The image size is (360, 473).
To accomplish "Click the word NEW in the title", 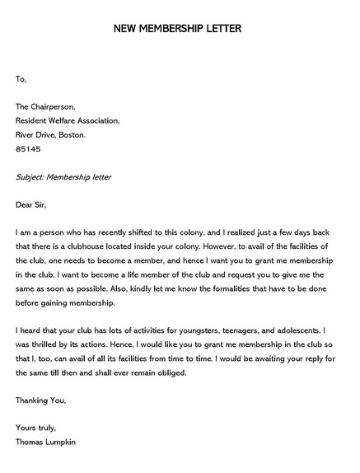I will coord(127,30).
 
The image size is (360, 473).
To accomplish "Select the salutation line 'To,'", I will coord(21,79).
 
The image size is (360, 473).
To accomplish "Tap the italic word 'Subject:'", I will coord(34,177).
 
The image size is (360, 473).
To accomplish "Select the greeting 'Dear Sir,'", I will coord(34,205).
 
